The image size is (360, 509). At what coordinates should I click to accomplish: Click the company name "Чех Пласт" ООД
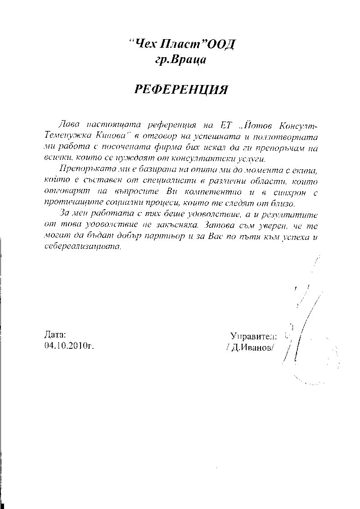[x=182, y=45]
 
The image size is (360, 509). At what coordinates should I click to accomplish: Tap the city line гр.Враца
[x=180, y=59]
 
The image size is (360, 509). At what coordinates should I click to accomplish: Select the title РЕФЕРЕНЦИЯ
[x=181, y=90]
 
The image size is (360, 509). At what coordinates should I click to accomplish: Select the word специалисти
[x=164, y=181]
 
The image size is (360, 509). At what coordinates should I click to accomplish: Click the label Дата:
[x=55, y=335]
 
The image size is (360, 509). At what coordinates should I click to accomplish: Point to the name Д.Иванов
[x=251, y=347]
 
